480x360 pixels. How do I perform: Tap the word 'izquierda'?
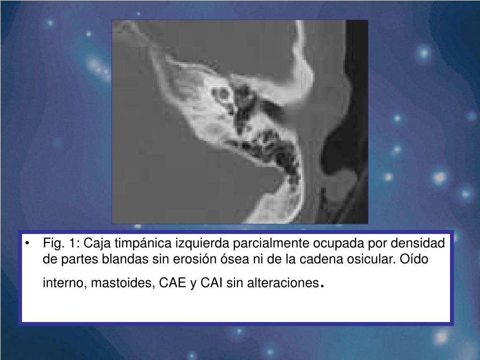pyautogui.click(x=196, y=244)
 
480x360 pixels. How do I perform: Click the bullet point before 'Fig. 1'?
pyautogui.click(x=30, y=244)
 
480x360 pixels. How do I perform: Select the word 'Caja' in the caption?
pyautogui.click(x=96, y=244)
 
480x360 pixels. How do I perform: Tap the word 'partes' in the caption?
pyautogui.click(x=75, y=260)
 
